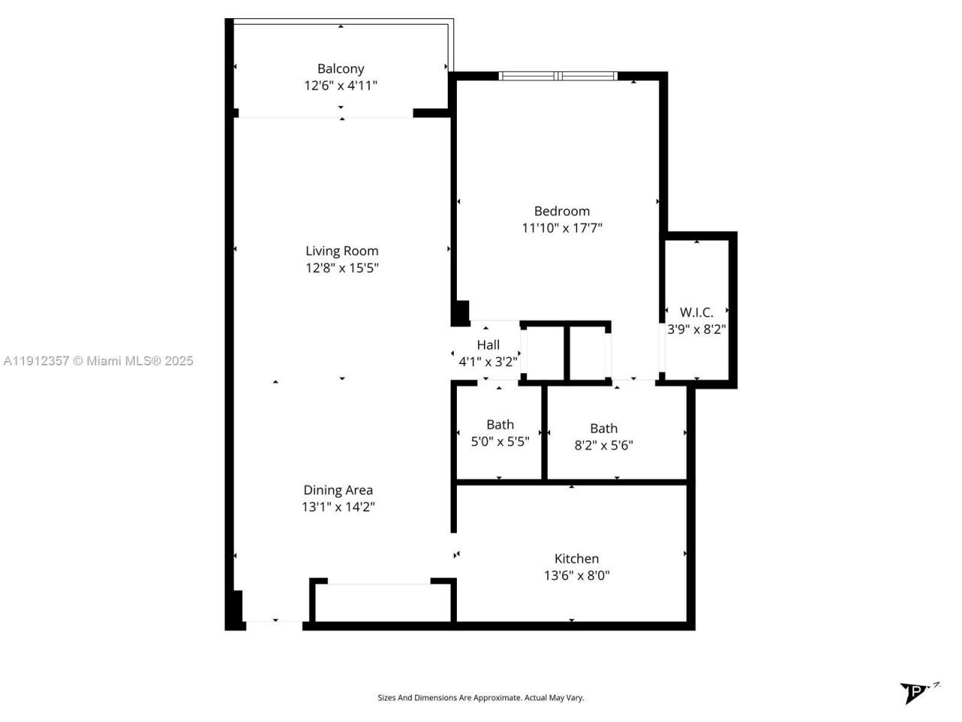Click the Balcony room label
tap(340, 68)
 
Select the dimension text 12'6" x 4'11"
tap(340, 86)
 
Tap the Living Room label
tap(341, 251)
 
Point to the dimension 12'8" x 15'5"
tap(341, 268)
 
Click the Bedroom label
tap(561, 211)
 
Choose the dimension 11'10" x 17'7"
tap(561, 228)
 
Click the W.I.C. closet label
tap(696, 312)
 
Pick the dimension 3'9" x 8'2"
tap(696, 329)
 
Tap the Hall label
tap(488, 345)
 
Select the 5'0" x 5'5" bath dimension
tap(500, 442)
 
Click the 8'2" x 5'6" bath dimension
tap(604, 445)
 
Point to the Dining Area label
tap(338, 490)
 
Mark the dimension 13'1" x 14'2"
tap(338, 507)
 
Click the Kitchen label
tap(576, 559)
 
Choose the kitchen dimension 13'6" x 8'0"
tap(576, 576)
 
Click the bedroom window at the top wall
tap(558, 76)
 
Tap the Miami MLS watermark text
tap(98, 361)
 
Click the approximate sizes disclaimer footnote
tap(480, 698)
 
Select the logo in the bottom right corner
tap(917, 691)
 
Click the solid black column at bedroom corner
tap(461, 312)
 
